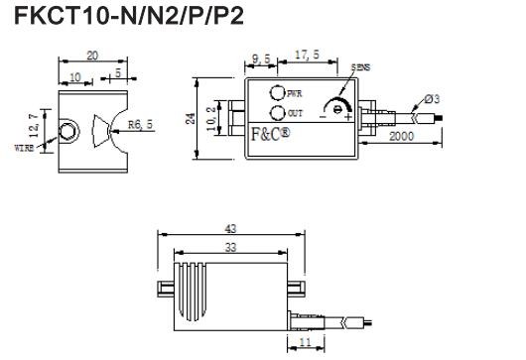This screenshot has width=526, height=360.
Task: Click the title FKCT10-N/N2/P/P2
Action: (121, 17)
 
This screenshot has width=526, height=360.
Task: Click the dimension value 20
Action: (91, 58)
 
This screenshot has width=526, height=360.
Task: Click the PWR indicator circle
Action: (277, 92)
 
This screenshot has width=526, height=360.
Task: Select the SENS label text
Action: (360, 68)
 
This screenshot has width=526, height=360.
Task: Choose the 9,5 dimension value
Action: (262, 60)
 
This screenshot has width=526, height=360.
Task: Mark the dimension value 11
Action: (305, 342)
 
